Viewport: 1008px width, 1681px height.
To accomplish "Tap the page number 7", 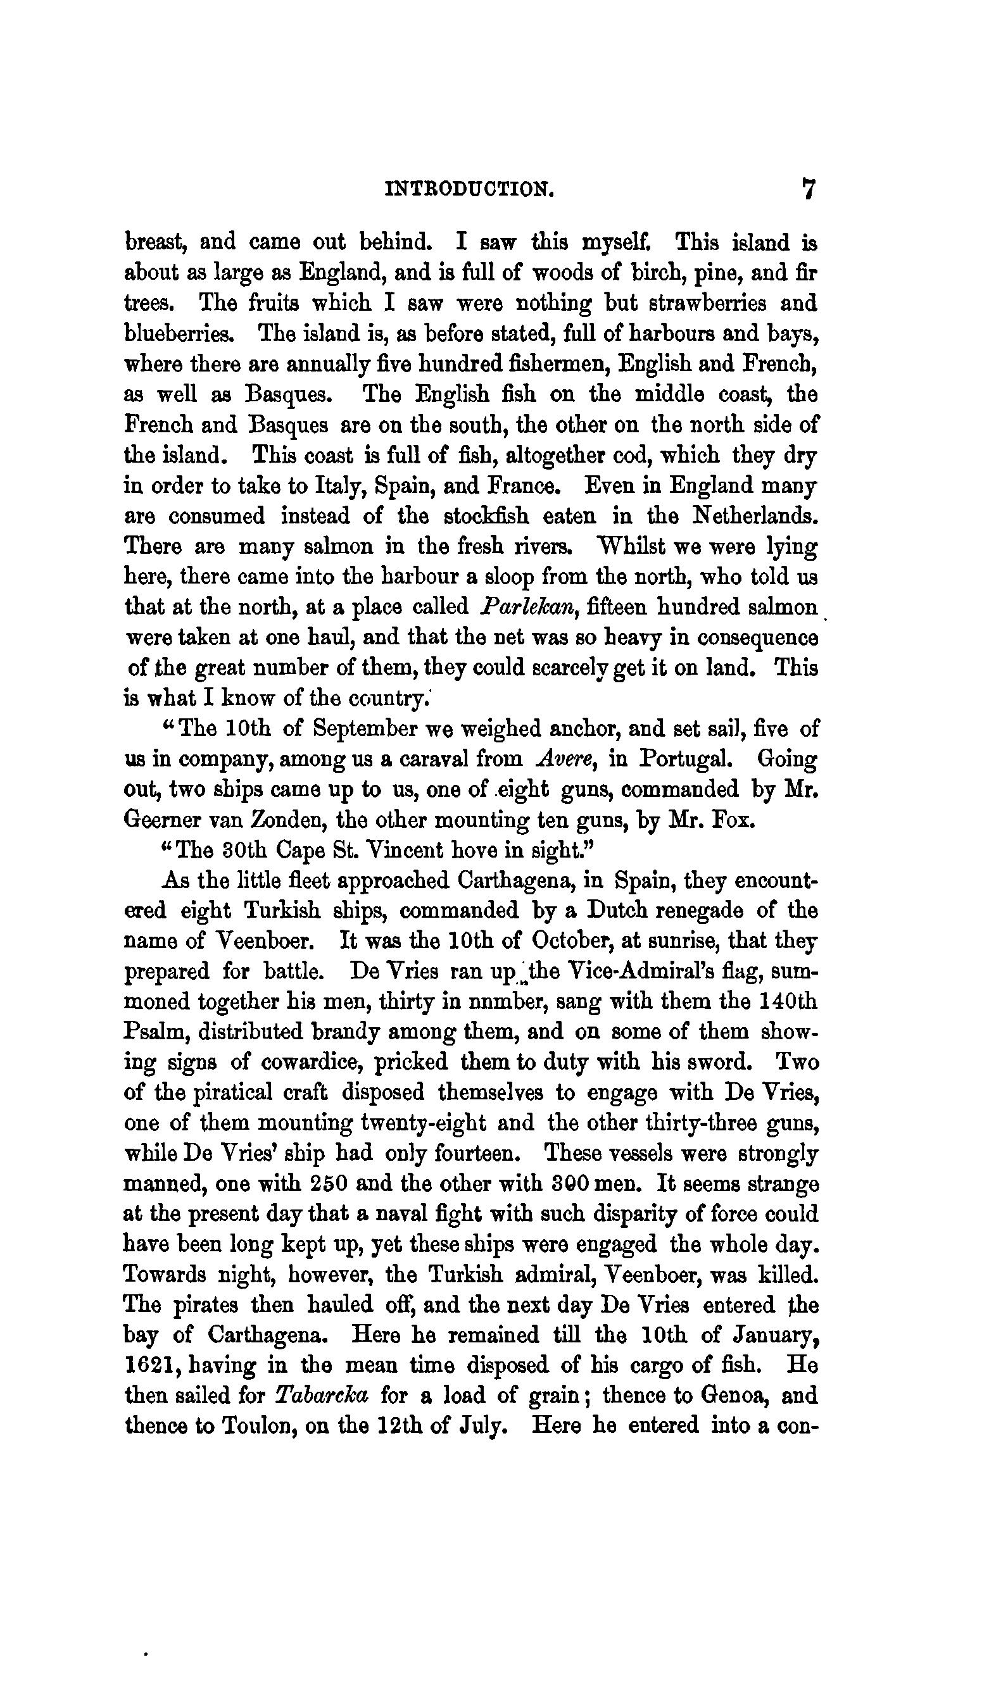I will [808, 189].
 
